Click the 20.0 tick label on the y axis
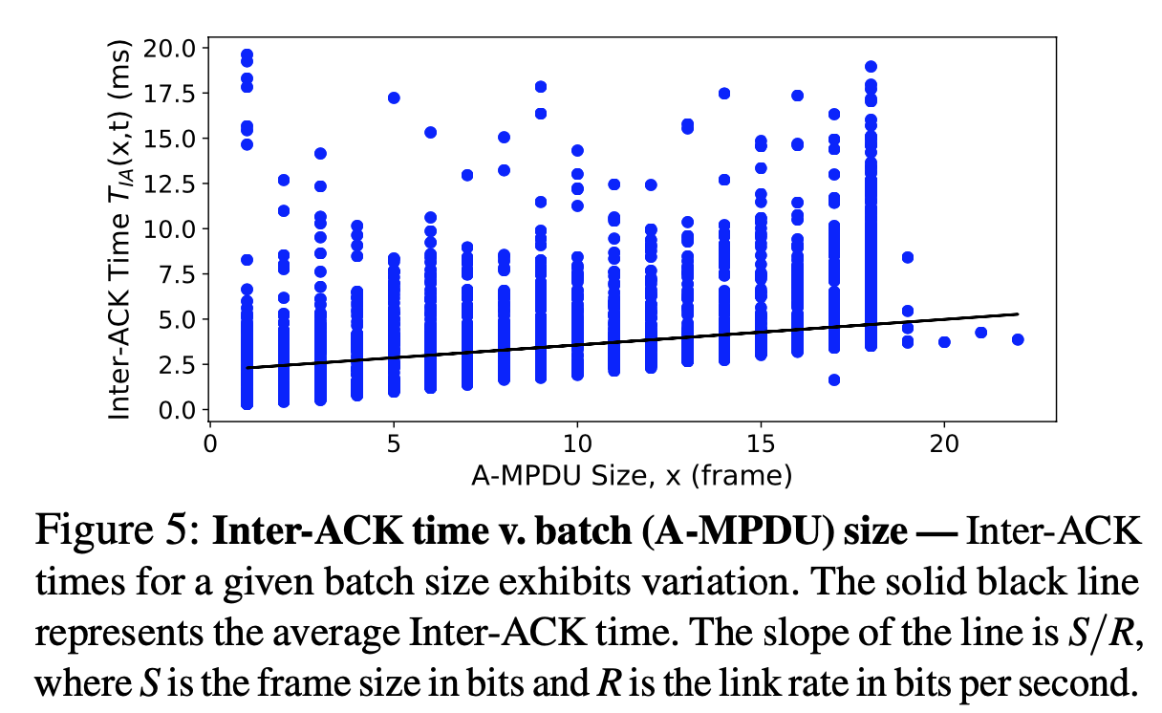168,48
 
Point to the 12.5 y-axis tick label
168,183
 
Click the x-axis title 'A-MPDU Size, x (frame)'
632,475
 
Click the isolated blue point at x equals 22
1018,339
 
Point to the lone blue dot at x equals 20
944,341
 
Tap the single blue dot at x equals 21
980,333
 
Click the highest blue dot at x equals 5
394,97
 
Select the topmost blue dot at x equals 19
908,257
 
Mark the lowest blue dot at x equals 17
834,379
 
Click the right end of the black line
1018,313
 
